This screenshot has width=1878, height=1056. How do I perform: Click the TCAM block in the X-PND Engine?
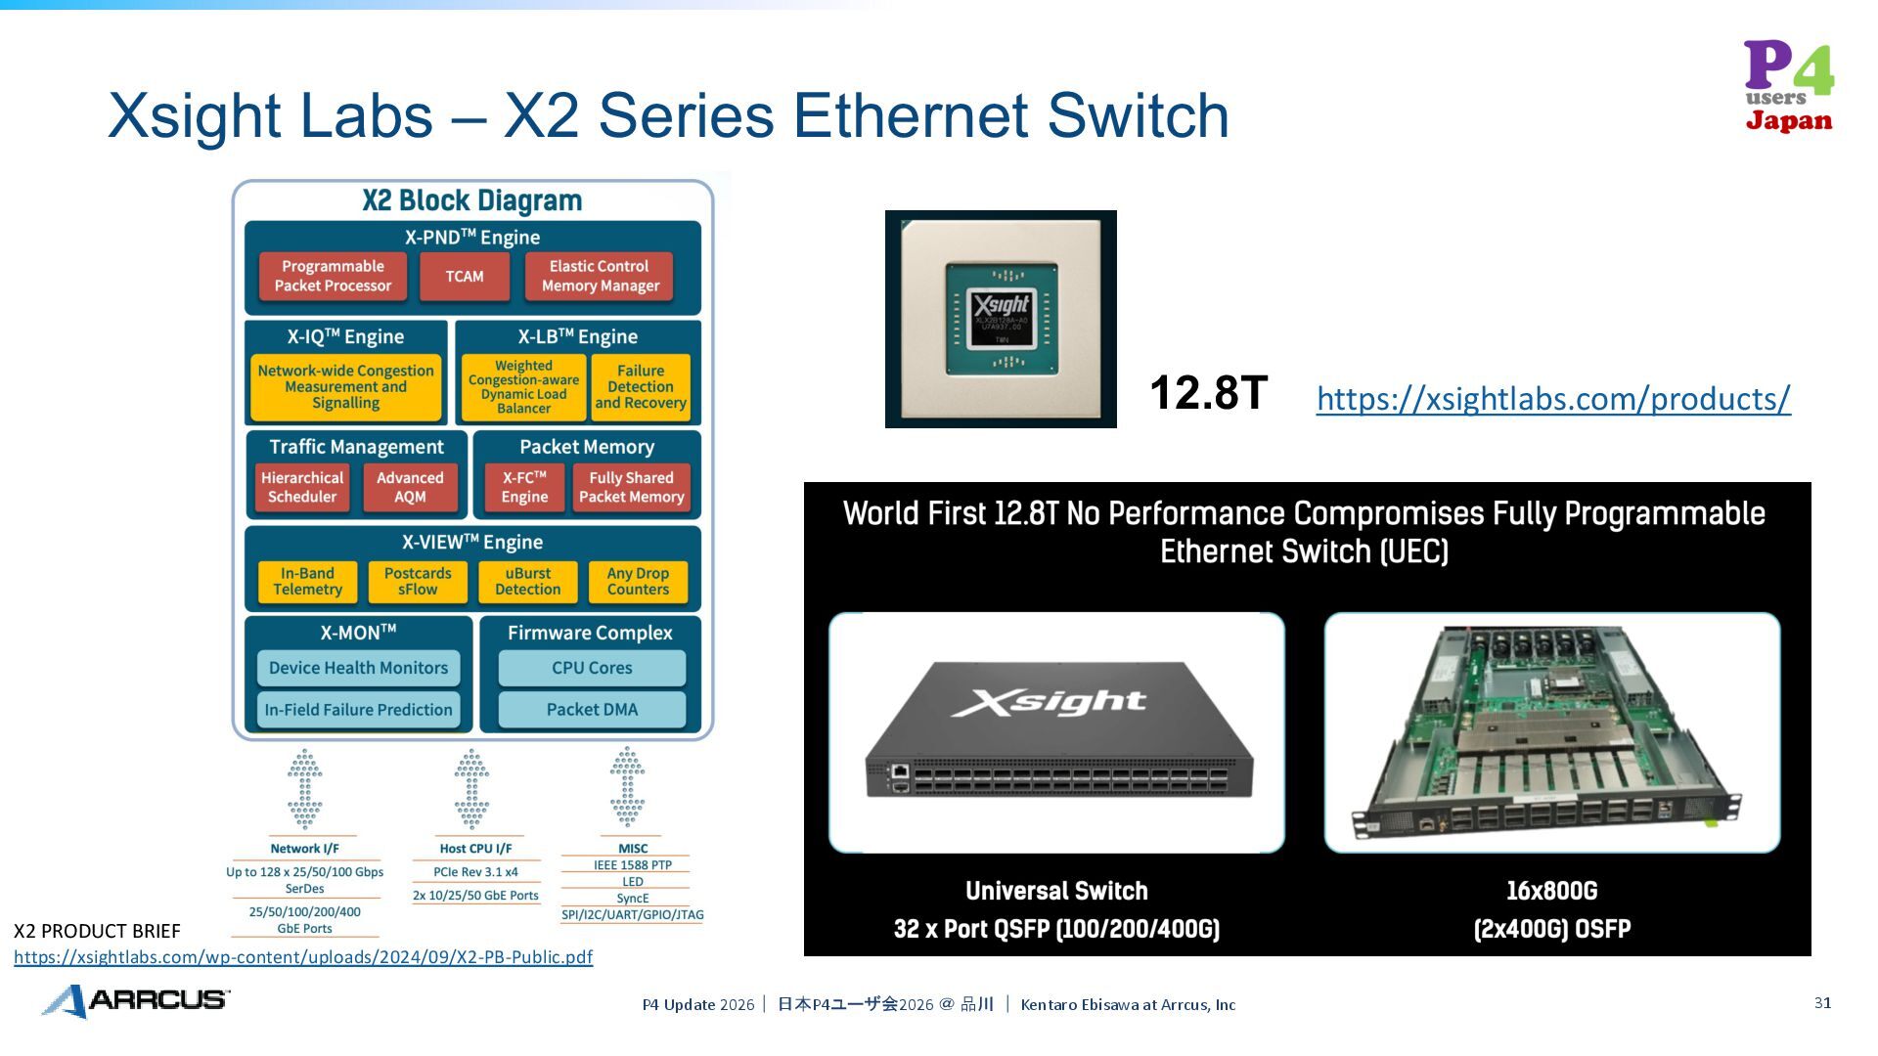465,277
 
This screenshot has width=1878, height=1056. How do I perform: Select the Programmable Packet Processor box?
333,277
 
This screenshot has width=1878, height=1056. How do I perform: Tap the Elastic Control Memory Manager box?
600,277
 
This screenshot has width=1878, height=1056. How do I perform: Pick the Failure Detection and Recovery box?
641,387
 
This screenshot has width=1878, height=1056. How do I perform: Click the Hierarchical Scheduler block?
302,487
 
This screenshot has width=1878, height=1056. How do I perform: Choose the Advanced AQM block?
410,487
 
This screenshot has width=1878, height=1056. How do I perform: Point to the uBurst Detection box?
528,582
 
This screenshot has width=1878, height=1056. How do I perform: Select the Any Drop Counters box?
638,582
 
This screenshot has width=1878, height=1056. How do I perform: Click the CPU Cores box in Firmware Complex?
592,668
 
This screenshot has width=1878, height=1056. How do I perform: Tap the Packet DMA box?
592,710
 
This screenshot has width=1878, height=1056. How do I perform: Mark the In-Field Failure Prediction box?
358,710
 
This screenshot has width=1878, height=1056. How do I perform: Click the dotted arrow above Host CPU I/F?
471,789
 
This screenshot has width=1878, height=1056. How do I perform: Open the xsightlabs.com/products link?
1553,399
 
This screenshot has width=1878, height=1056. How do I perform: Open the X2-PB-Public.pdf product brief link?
303,957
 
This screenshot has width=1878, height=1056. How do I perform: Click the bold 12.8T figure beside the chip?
1208,393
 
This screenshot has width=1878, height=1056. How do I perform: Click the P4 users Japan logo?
1789,86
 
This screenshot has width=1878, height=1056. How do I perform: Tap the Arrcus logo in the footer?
136,1000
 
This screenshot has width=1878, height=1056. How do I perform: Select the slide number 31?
1822,1003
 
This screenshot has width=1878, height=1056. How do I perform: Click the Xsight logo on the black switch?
1049,701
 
